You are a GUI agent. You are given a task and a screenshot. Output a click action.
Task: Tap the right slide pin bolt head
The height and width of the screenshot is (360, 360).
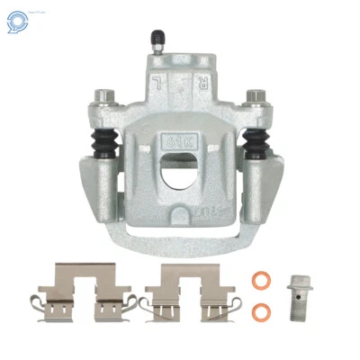[257, 94]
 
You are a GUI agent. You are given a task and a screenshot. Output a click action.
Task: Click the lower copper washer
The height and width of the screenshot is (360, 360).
[261, 311]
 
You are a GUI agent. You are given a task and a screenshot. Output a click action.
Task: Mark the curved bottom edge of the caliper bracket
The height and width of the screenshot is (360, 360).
[181, 247]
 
